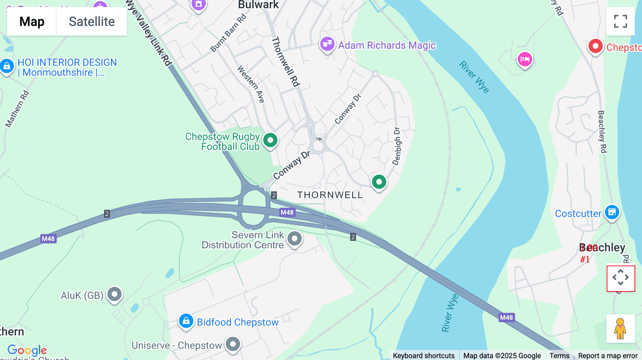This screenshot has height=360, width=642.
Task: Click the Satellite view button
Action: pos(92,21)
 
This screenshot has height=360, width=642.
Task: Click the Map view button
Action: pos(32,21)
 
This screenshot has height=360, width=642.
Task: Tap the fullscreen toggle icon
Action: pos(620,21)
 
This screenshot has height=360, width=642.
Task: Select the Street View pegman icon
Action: pos(620,328)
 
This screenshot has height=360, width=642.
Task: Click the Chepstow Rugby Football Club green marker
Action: pos(270,140)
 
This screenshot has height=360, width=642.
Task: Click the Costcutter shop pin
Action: pos(612,212)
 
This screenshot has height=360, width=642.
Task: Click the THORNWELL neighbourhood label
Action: pos(330,195)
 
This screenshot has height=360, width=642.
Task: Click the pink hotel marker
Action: pos(525,59)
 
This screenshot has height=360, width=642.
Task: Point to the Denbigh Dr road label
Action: pos(397,146)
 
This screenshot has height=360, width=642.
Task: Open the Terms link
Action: pos(559,355)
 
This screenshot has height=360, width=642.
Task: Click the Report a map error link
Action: pos(608,355)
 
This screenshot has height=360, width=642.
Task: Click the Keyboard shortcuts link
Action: pos(423,355)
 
